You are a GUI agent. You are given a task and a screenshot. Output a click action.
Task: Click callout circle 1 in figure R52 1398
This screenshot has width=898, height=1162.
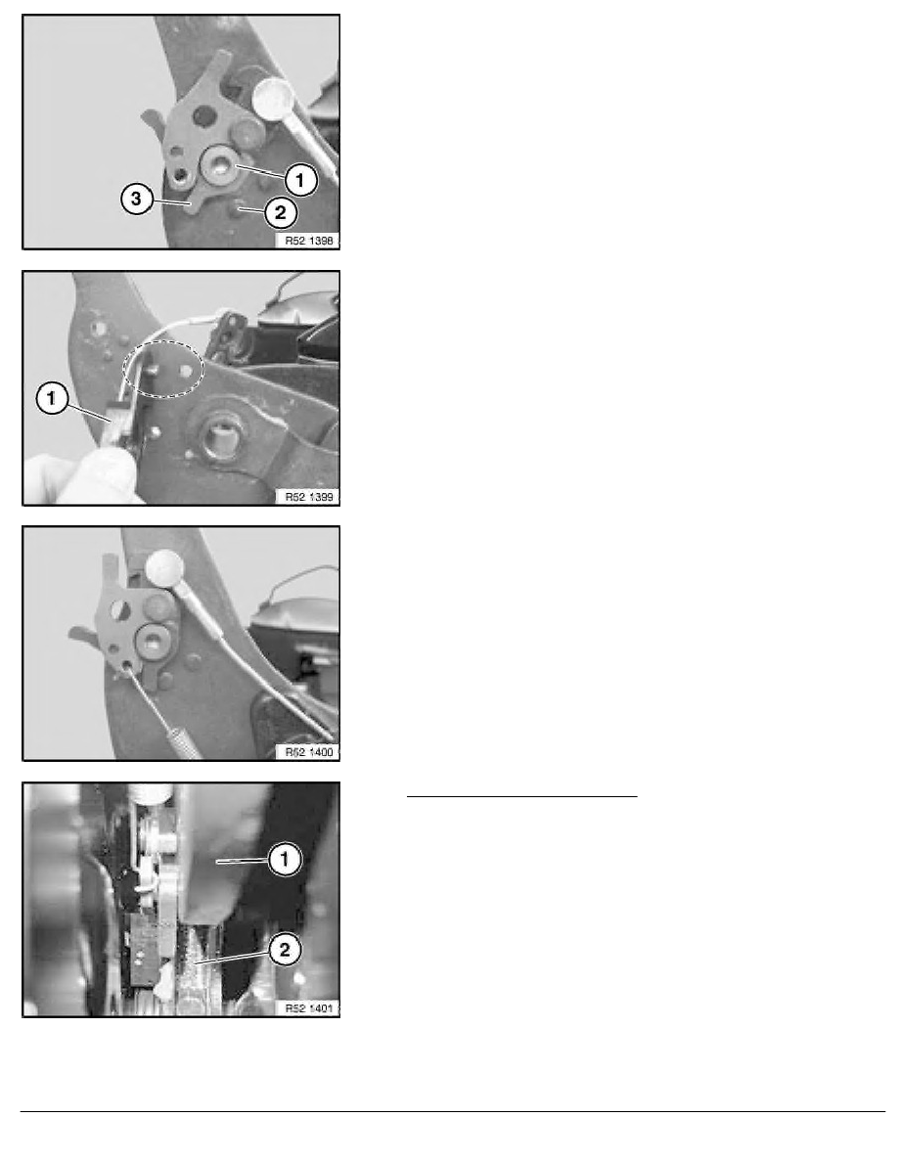point(300,180)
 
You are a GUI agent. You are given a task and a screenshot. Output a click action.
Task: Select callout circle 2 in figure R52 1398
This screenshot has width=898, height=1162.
point(280,213)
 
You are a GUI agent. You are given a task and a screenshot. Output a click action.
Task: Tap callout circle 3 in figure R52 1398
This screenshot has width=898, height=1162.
point(136,199)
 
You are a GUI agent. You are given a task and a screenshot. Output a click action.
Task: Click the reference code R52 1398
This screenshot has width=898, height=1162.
point(309,240)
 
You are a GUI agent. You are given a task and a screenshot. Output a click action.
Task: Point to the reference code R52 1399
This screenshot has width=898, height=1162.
point(309,497)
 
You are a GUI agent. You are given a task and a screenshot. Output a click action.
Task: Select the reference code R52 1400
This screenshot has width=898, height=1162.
point(309,752)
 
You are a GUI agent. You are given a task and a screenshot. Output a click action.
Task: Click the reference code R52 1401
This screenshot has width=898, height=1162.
point(309,1008)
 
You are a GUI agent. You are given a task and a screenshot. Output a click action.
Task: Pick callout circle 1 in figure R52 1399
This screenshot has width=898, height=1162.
point(51,399)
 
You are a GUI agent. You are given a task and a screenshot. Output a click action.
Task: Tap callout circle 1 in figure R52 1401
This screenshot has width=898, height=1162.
point(285,861)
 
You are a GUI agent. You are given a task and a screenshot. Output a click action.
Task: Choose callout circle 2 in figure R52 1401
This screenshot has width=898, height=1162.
point(285,950)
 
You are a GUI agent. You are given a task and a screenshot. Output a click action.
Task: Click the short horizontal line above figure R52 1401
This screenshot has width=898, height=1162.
point(522,796)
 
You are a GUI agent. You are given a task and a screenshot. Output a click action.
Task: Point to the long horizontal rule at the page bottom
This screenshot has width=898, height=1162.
point(453,1111)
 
